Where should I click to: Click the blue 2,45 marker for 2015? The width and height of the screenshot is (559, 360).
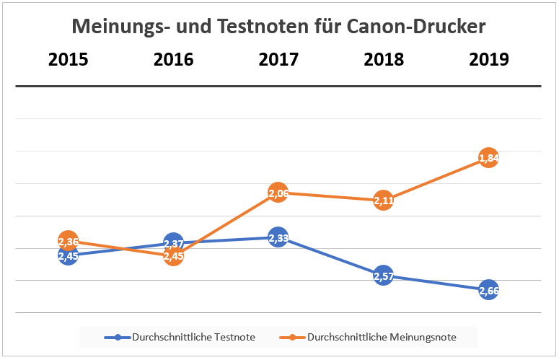(x=68, y=255)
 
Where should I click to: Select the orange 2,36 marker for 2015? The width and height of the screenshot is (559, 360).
(x=68, y=241)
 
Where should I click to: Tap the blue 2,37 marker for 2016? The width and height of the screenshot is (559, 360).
(x=173, y=243)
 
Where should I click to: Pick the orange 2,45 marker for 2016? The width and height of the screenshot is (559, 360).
(x=173, y=255)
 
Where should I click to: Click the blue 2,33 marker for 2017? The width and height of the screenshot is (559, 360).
(x=278, y=237)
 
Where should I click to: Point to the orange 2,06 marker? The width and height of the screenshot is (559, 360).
(x=278, y=193)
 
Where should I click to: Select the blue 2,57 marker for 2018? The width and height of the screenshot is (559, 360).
(x=384, y=276)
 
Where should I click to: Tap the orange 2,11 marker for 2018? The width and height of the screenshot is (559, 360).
(x=384, y=201)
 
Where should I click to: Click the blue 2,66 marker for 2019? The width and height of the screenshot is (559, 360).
(x=488, y=290)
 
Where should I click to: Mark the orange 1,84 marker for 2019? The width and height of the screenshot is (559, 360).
(x=488, y=157)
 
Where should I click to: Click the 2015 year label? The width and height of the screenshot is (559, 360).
(x=68, y=59)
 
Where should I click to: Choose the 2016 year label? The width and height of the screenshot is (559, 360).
(x=173, y=59)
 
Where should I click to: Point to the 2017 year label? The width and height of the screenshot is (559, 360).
(x=278, y=59)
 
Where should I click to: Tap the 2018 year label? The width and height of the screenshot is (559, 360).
(x=384, y=59)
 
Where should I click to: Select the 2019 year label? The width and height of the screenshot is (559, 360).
(x=488, y=59)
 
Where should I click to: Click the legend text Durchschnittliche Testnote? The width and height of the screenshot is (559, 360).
(x=193, y=337)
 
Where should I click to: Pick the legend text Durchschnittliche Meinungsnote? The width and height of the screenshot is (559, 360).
(x=382, y=337)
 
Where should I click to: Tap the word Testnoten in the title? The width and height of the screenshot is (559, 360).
(x=255, y=27)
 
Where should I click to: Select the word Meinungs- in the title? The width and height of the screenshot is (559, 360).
(x=119, y=27)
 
